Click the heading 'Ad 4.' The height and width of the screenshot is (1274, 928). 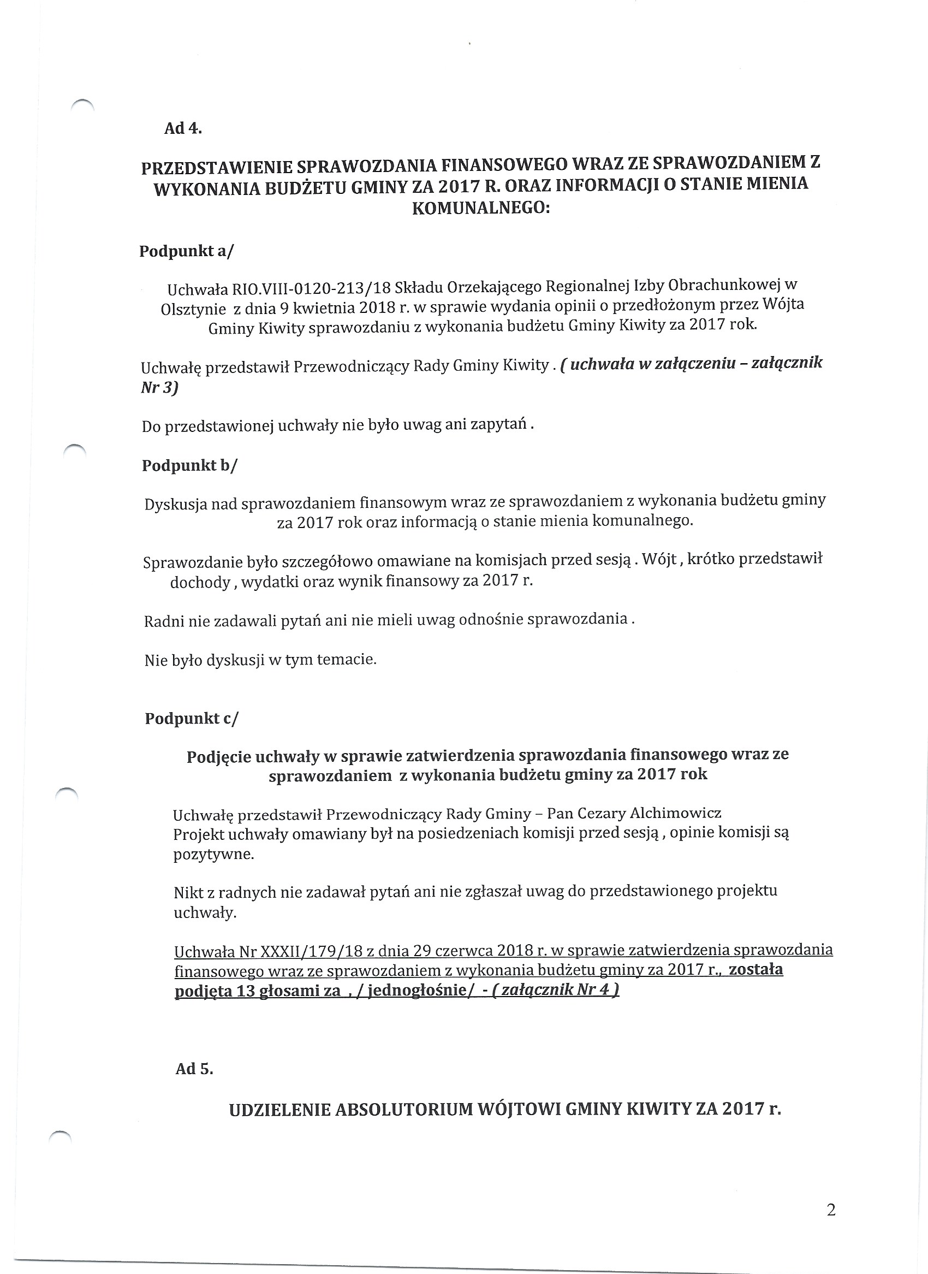[x=182, y=129]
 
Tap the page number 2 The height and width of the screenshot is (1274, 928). [x=831, y=1210]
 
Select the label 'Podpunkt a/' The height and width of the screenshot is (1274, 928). [x=186, y=251]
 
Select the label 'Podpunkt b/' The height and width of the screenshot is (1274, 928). [x=189, y=466]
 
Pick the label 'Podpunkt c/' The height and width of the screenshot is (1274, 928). [x=192, y=719]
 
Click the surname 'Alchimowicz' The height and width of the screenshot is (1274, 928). [x=676, y=813]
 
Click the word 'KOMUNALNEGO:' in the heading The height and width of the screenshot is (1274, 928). [x=481, y=209]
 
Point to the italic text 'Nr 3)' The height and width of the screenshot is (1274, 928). [x=159, y=388]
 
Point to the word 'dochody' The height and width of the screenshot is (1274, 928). [x=200, y=583]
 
